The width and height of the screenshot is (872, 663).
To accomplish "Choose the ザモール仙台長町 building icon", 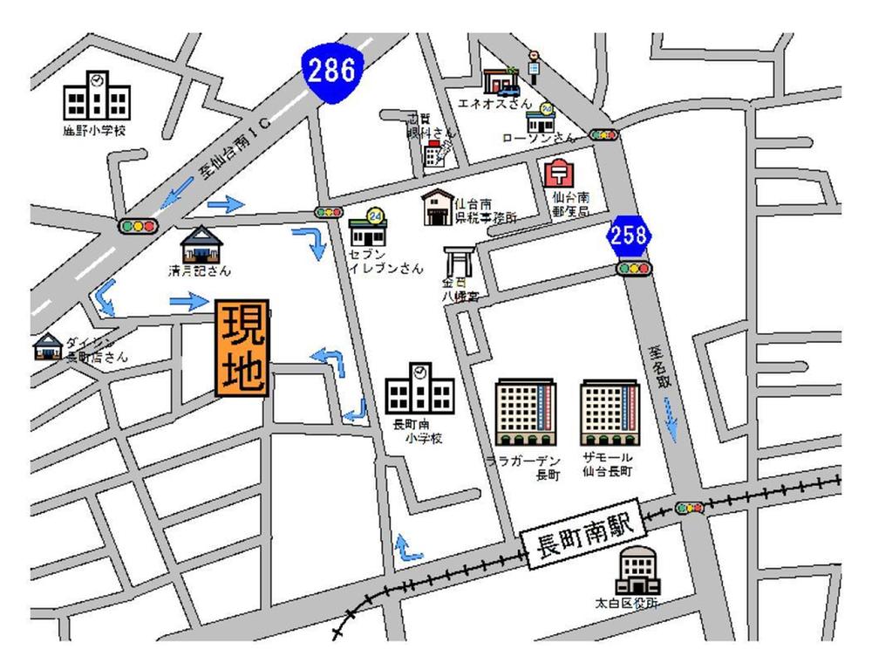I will pyautogui.click(x=610, y=413).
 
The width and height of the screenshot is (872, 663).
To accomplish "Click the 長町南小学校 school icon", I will pyautogui.click(x=419, y=389).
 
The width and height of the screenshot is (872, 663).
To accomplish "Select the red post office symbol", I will pyautogui.click(x=559, y=174).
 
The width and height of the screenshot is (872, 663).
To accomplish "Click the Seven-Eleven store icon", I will pyautogui.click(x=367, y=229).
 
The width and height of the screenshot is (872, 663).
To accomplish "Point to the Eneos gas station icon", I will pyautogui.click(x=501, y=82).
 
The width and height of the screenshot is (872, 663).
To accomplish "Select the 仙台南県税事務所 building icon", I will pyautogui.click(x=439, y=208).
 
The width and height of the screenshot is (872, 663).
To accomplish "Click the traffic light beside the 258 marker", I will pyautogui.click(x=634, y=269).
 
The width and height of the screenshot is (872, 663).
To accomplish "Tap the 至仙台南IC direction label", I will pyautogui.click(x=235, y=148).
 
